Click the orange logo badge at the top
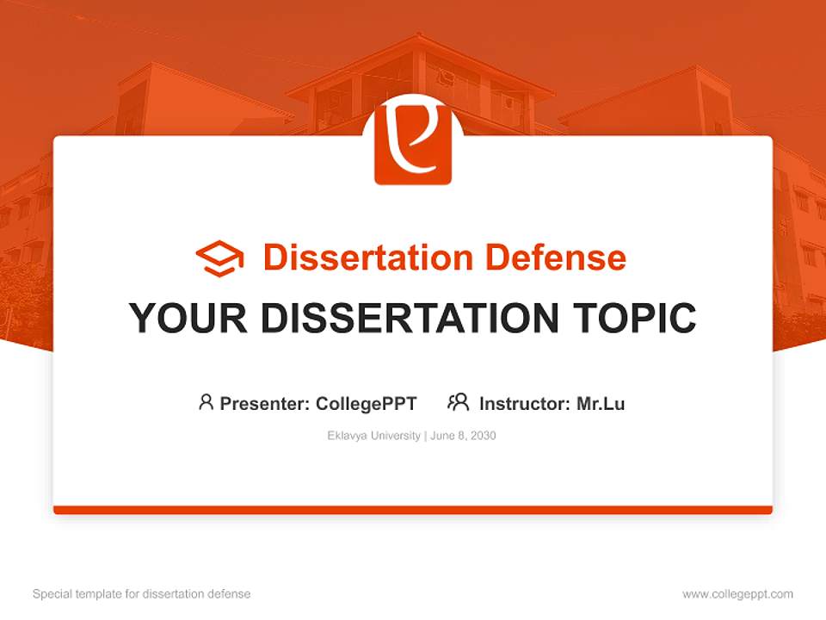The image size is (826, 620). click(413, 145)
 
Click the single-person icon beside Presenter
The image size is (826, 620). click(206, 402)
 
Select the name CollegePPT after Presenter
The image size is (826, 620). click(367, 403)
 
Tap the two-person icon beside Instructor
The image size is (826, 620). click(459, 402)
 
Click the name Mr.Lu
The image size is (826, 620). click(601, 403)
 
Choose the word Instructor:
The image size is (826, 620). click(524, 403)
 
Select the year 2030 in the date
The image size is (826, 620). click(483, 436)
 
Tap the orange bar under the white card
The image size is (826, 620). click(413, 510)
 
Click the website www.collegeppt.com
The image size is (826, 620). click(737, 594)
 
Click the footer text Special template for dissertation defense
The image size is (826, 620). click(142, 594)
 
